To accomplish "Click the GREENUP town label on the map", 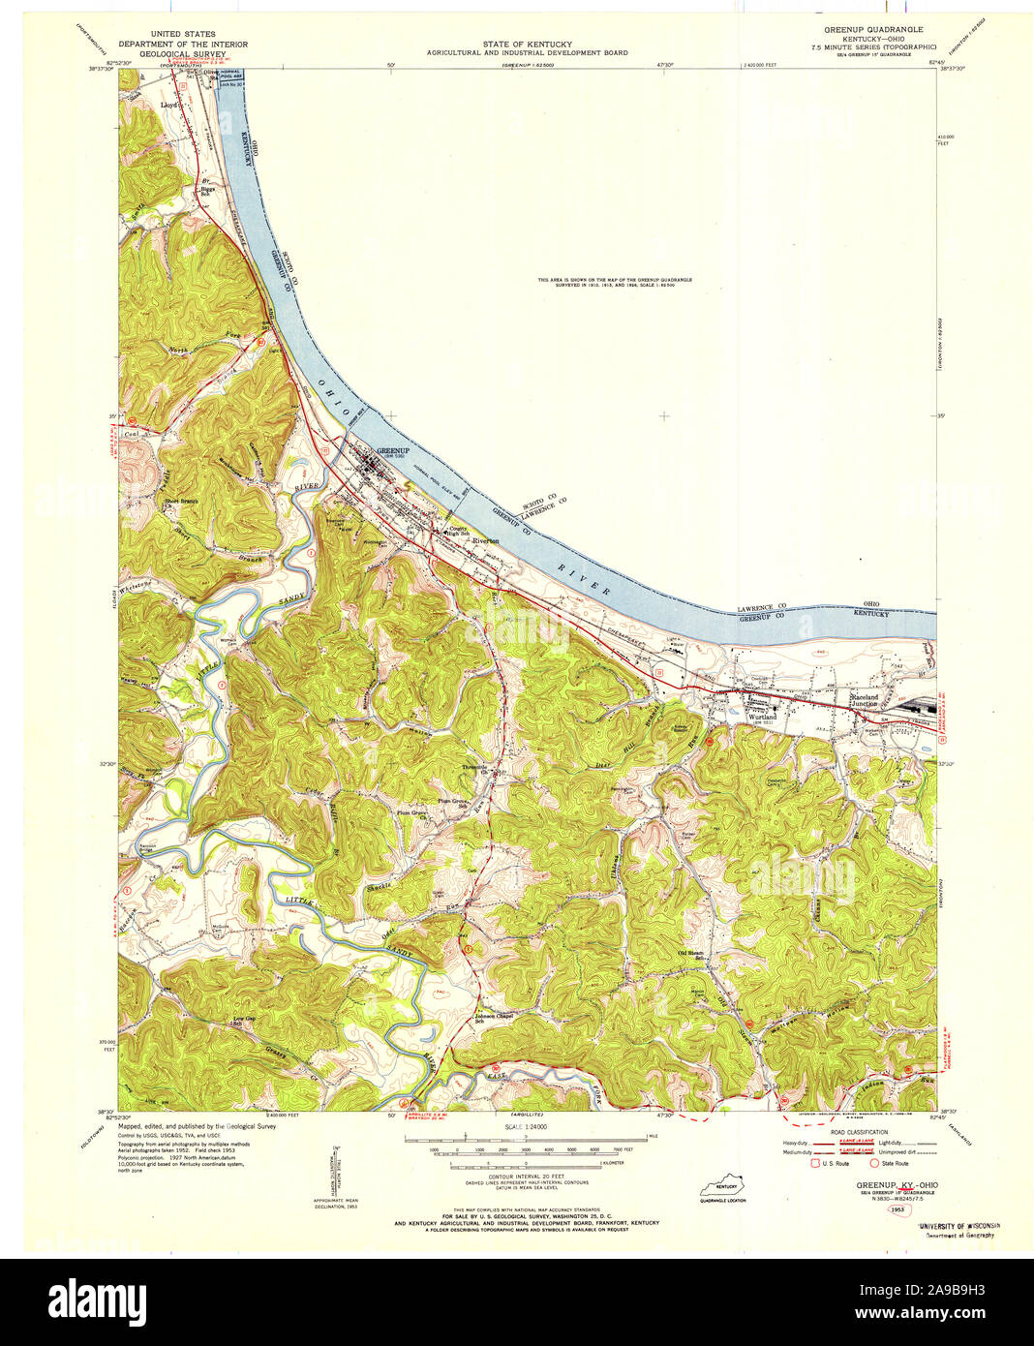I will pyautogui.click(x=394, y=451).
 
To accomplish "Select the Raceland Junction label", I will pyautogui.click(x=865, y=699).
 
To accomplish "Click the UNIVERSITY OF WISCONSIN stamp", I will pyautogui.click(x=958, y=1225).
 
